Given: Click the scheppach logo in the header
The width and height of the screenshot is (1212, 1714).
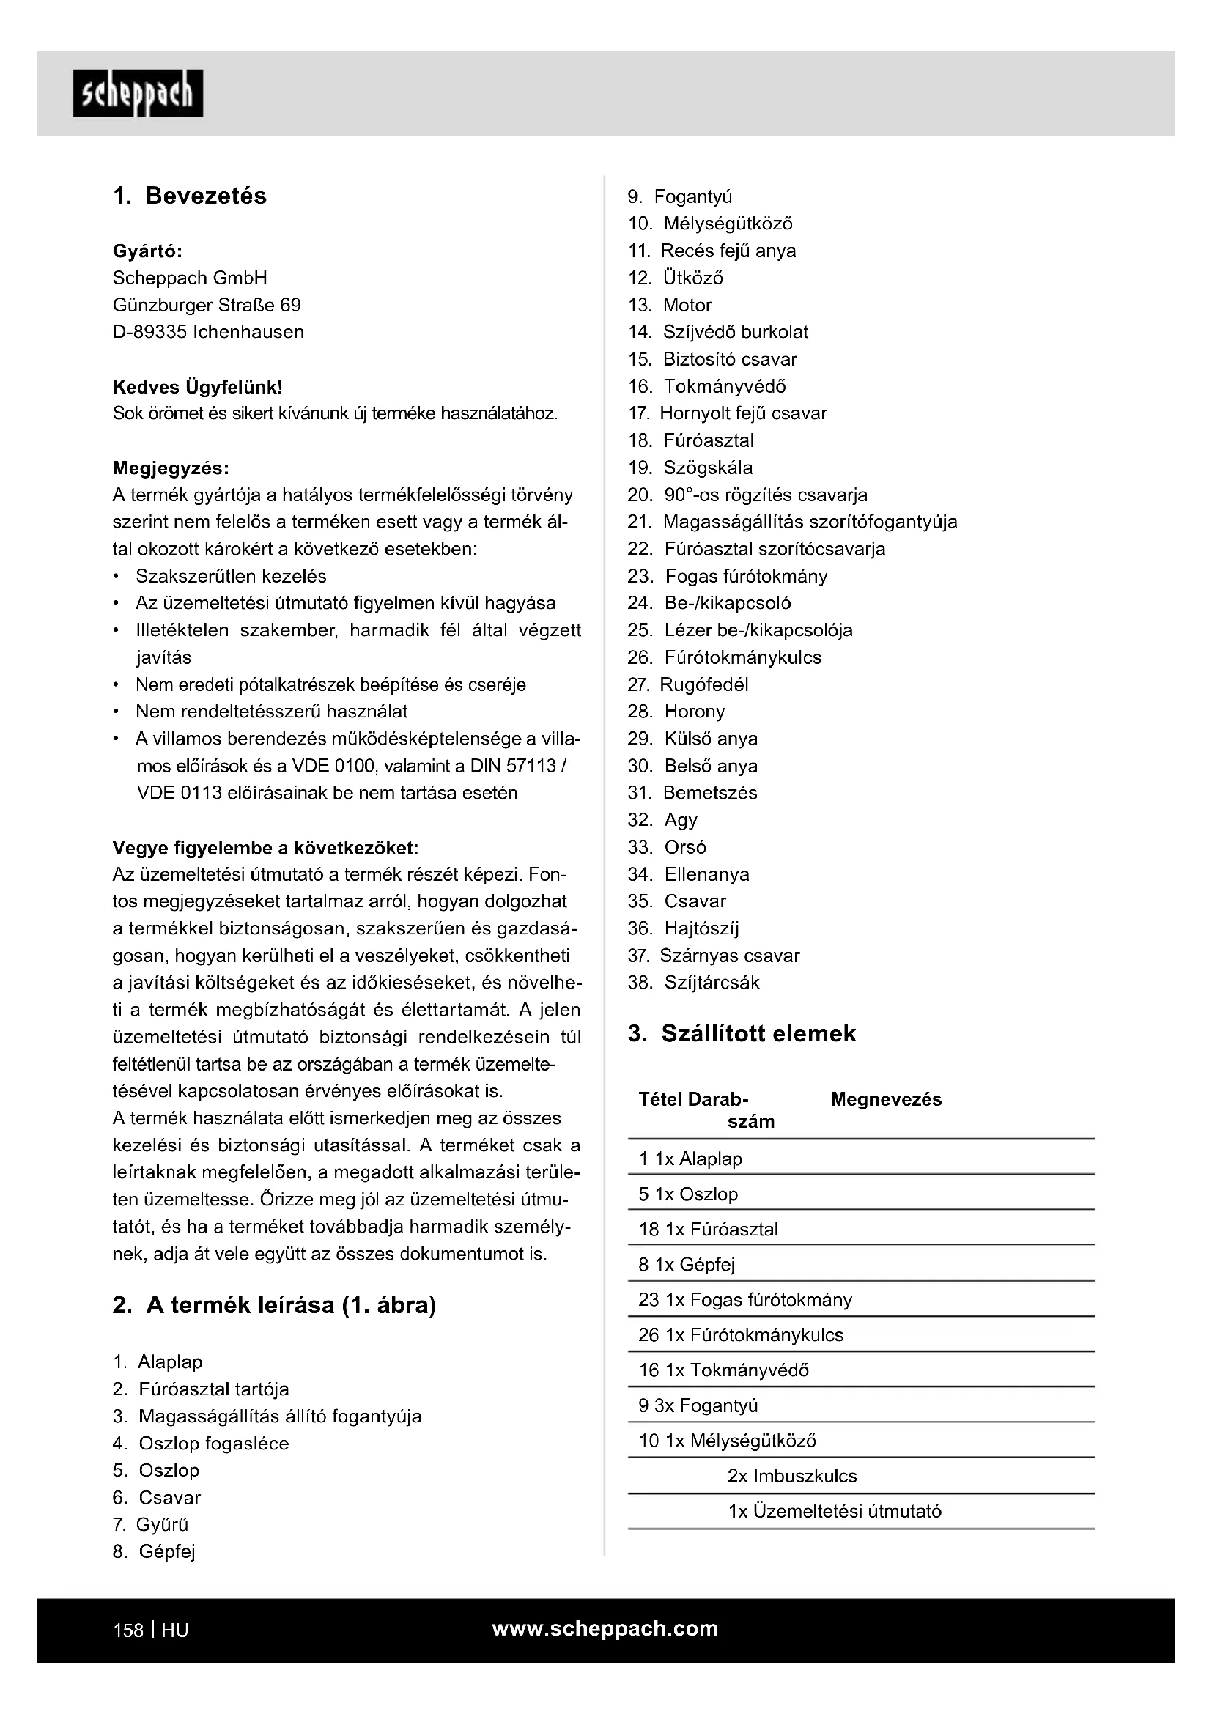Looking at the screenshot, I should [x=138, y=93].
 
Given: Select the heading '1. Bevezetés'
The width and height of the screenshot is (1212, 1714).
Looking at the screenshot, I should [x=190, y=196].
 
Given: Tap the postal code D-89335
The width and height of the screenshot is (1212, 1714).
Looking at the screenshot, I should [x=149, y=332].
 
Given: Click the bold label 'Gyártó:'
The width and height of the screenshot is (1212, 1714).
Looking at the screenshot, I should [x=147, y=251].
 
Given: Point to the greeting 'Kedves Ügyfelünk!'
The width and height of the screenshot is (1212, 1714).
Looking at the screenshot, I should [x=197, y=387].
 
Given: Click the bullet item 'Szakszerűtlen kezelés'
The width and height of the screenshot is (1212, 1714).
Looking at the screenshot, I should [x=231, y=576].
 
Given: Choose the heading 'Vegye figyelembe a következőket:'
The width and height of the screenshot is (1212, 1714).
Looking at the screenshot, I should [x=265, y=848].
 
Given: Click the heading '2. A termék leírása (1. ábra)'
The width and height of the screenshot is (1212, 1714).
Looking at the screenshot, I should [x=274, y=1305].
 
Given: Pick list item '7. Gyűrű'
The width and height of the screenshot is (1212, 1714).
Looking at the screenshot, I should [x=151, y=1524].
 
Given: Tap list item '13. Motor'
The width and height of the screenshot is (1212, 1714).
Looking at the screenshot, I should [x=670, y=306].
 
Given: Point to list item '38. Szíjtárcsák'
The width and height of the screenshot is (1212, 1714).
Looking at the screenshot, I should [x=693, y=983].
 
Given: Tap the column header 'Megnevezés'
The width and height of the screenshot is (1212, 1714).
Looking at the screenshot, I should [x=886, y=1100].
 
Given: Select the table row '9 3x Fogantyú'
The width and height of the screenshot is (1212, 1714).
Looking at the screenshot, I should [x=698, y=1405].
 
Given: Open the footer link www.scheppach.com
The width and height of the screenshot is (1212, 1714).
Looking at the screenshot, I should [x=605, y=1628].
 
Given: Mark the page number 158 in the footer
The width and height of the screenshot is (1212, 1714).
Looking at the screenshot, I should [x=128, y=1630].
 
